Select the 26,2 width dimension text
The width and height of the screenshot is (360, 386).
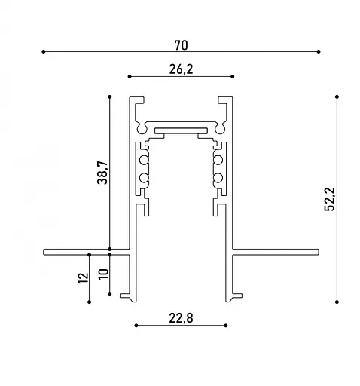181,69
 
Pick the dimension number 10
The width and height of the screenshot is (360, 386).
103,273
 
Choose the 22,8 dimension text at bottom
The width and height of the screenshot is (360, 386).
181,317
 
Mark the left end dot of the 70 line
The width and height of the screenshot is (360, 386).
44,51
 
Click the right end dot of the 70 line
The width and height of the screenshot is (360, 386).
319,51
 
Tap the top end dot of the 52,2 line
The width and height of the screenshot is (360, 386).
336,96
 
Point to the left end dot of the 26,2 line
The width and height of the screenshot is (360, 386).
130,76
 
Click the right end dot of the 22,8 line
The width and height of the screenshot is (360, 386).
225,326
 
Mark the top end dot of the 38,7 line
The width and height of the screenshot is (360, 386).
110,96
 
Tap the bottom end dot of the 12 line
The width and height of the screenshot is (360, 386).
90,302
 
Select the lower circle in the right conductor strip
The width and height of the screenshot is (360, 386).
218,178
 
